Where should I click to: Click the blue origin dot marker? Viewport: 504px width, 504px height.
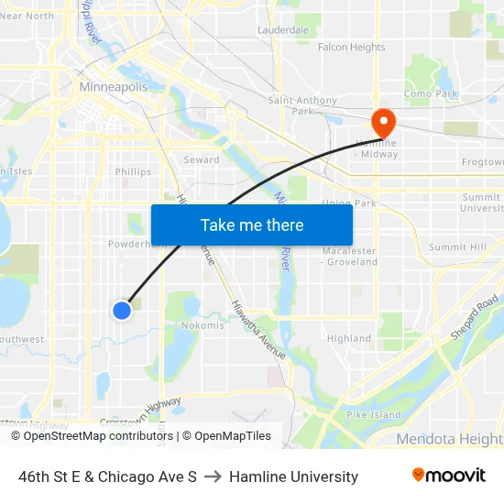(x=122, y=311)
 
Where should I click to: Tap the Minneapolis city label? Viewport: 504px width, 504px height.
(x=114, y=87)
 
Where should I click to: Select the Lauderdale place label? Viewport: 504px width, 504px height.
(x=283, y=30)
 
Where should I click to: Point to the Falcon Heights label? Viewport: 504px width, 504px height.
(x=351, y=48)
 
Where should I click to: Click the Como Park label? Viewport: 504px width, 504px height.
(x=431, y=93)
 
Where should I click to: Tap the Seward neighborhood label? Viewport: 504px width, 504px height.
(x=201, y=159)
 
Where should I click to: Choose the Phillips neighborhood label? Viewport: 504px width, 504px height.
(x=133, y=171)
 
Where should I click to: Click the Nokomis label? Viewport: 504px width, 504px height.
(x=203, y=325)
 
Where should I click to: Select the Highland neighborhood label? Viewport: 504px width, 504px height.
(x=349, y=338)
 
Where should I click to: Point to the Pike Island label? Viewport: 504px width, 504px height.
(x=374, y=415)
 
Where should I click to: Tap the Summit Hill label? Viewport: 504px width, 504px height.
(x=457, y=247)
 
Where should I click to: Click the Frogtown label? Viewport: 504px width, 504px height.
(x=482, y=162)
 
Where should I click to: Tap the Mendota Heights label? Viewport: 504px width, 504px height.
(x=449, y=440)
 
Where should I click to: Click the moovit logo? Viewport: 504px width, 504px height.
(x=448, y=476)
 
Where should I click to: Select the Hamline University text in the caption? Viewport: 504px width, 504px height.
(x=293, y=477)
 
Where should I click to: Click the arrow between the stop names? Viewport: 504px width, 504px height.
(x=213, y=477)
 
